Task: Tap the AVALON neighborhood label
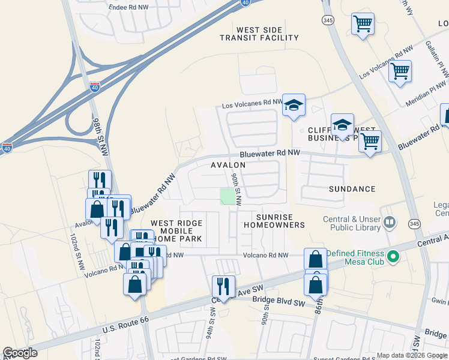point(228,164)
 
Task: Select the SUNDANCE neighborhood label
point(352,189)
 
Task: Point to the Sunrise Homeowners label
point(274,221)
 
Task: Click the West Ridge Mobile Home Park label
point(176,230)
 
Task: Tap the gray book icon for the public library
point(390,223)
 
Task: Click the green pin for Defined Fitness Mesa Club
point(393,257)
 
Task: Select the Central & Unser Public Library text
point(351,223)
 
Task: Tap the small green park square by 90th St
point(227,196)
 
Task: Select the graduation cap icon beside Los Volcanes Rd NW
point(294,105)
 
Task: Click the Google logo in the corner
point(20,352)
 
